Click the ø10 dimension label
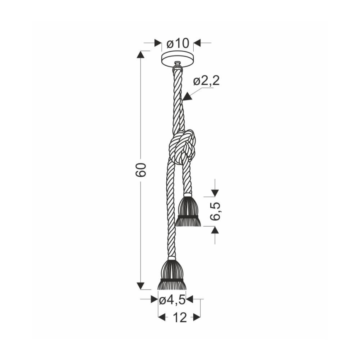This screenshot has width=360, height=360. coord(177,43)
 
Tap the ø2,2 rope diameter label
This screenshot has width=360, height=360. coord(206,81)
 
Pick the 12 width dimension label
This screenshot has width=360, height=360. coord(179,318)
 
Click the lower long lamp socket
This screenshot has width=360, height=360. coord(171,274)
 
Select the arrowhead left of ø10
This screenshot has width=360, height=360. coord(158,42)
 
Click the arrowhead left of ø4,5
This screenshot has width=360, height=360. coord(155,299)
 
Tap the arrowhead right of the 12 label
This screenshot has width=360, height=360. coord(197,318)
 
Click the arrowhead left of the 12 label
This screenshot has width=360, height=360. coord(162,318)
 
